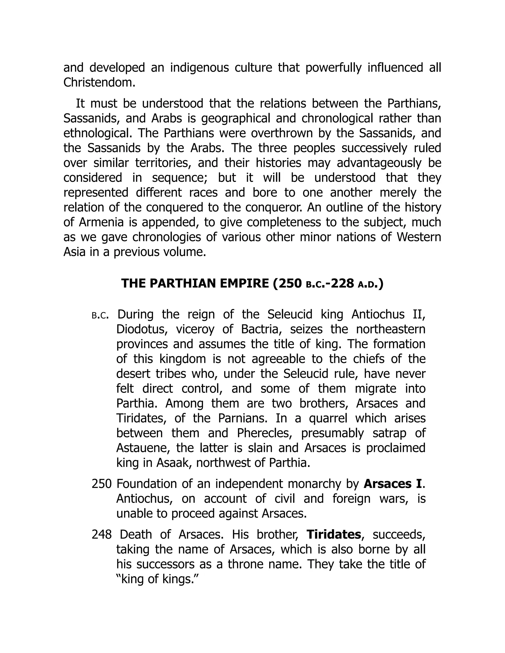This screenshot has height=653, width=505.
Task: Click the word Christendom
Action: [x=99, y=83]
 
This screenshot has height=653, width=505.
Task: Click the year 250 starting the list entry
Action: [x=102, y=484]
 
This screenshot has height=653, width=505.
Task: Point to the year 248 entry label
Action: [x=102, y=535]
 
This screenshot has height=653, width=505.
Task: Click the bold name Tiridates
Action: [x=334, y=535]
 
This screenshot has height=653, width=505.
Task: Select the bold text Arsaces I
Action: [x=393, y=484]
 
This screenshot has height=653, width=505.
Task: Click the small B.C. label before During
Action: [x=100, y=315]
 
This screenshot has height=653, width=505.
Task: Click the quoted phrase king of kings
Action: [x=157, y=580]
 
